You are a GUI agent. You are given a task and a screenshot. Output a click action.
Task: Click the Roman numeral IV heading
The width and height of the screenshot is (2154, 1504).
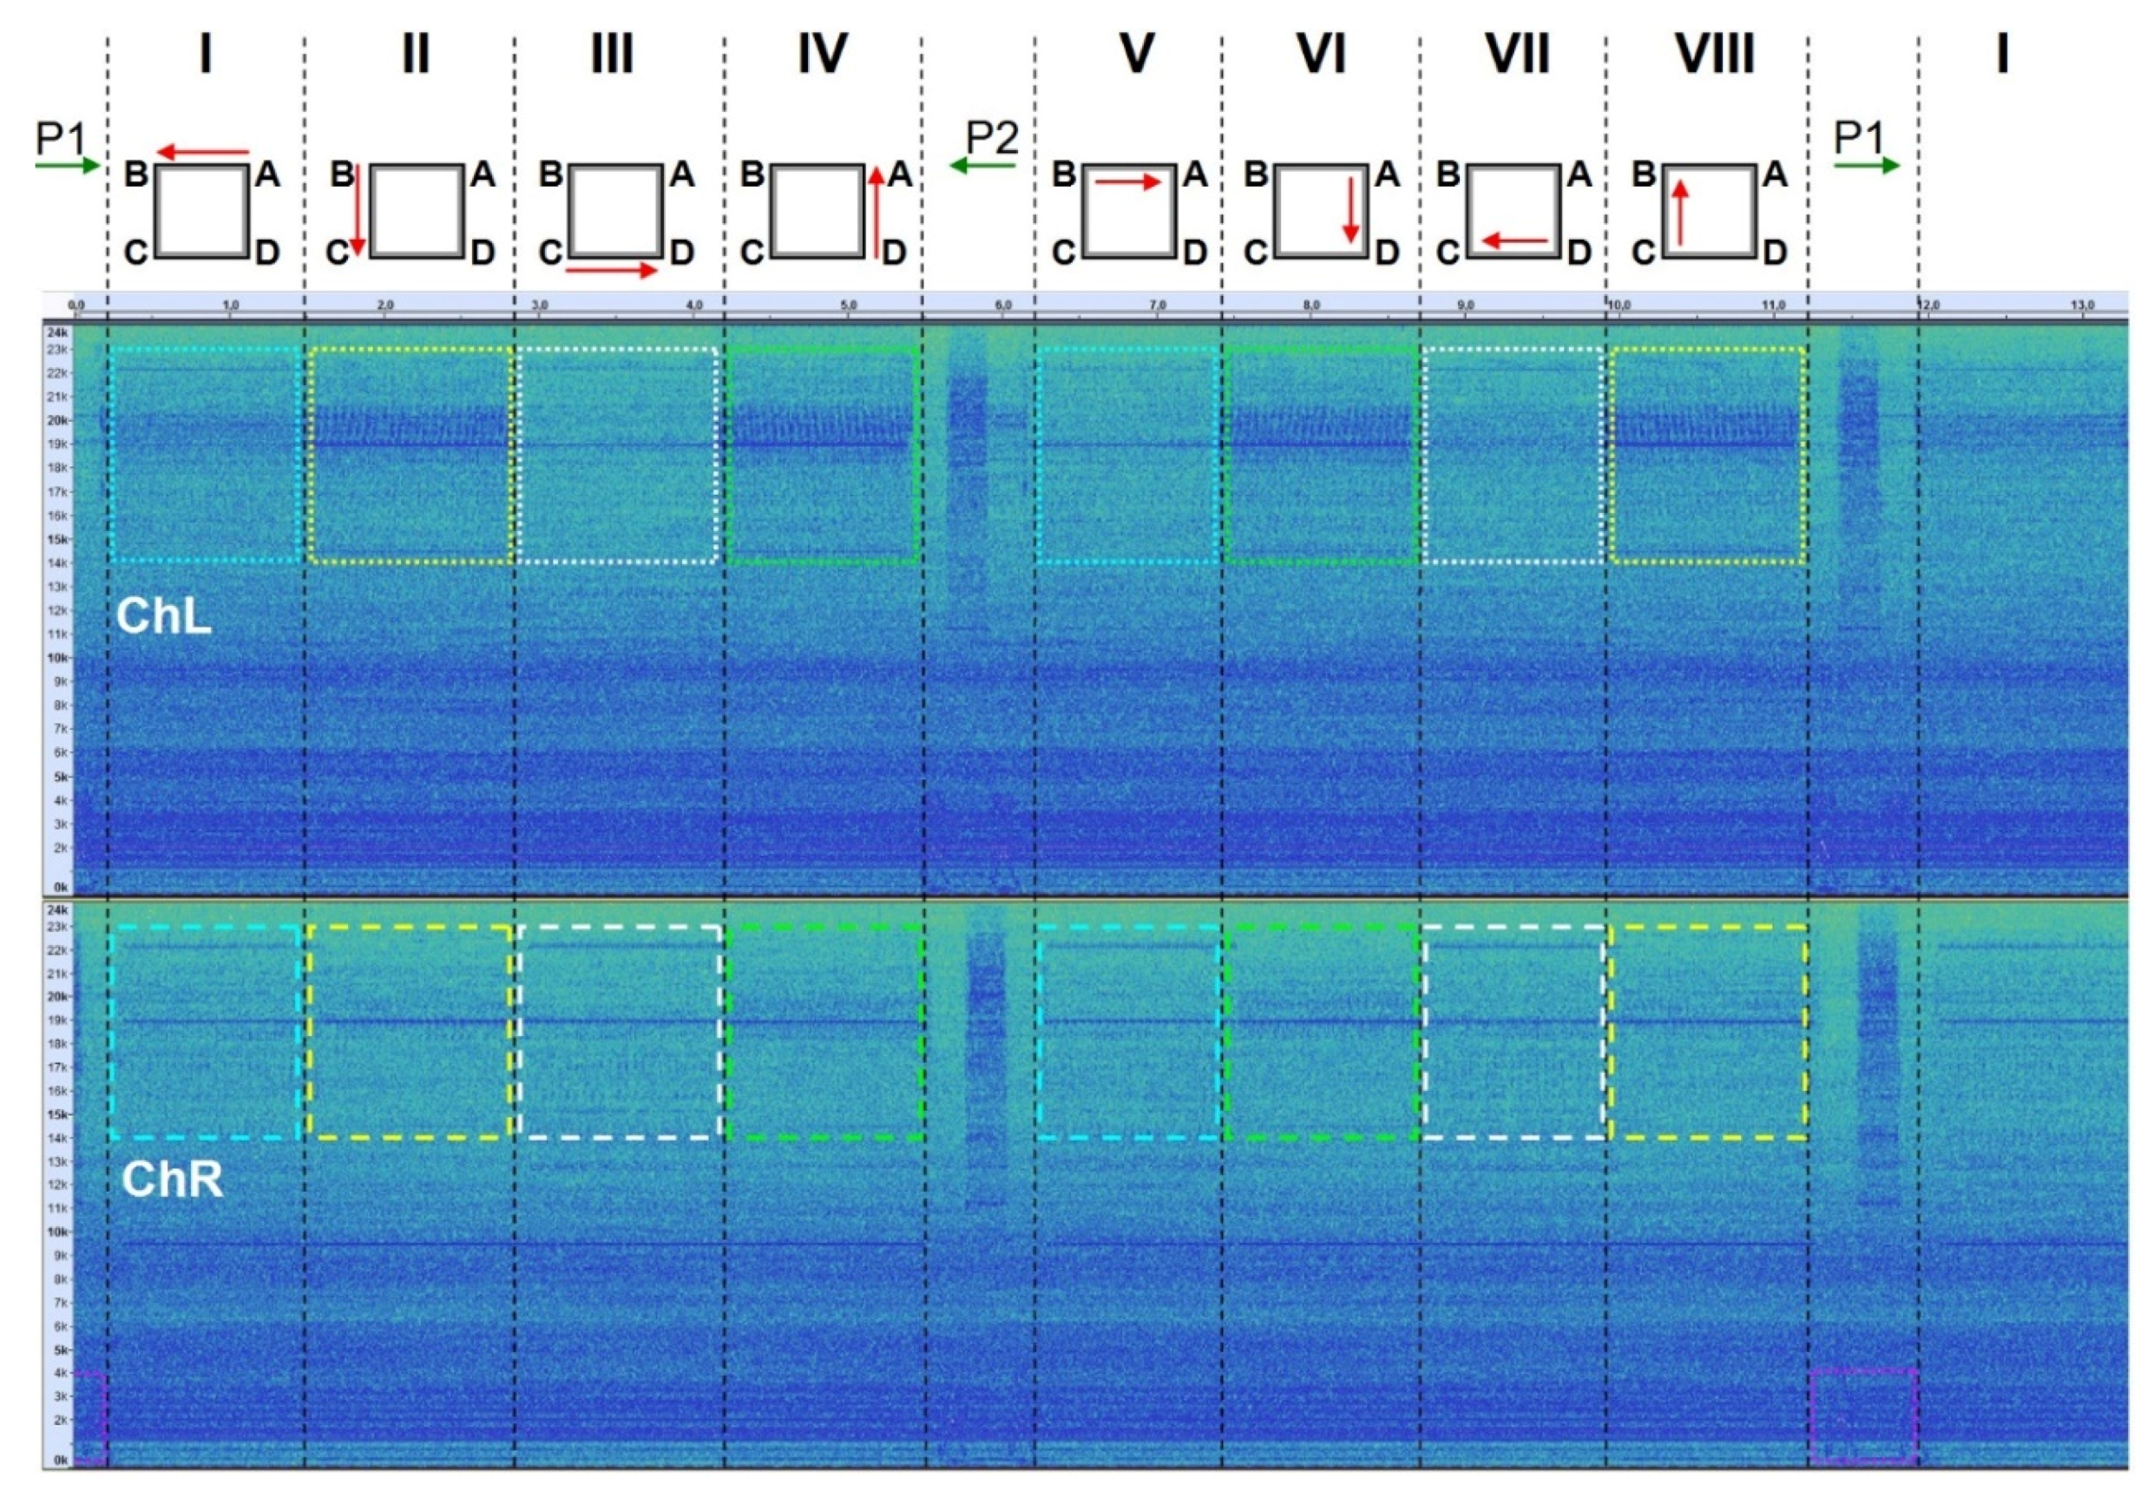pos(822,54)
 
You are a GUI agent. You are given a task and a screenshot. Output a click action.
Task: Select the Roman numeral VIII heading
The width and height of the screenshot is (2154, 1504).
pos(1714,54)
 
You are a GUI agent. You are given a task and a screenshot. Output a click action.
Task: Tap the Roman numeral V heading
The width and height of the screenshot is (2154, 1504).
pos(1136,54)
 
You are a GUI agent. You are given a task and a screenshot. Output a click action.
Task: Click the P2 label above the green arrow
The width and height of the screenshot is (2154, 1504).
pos(992,138)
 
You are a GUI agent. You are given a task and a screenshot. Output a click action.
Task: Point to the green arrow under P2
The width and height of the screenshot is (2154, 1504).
pos(982,166)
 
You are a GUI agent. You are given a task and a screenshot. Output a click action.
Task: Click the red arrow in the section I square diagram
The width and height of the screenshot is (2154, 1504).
pos(202,151)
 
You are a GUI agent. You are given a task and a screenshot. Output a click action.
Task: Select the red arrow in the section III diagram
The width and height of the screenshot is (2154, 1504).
pos(611,270)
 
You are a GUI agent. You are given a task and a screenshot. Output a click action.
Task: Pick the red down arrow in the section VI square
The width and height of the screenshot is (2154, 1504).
pos(1351,209)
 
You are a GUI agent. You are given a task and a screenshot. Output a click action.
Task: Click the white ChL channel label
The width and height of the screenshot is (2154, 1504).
pos(163,616)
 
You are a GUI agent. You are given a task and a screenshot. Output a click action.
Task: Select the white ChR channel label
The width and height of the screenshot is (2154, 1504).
pos(173,1179)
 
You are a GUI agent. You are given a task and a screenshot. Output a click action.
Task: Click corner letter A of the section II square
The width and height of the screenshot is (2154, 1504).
pos(483,174)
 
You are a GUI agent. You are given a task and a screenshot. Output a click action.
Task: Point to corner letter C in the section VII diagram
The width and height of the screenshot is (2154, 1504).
pos(1448,252)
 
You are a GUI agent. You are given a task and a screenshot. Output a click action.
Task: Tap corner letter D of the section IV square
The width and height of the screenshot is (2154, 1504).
pos(894,252)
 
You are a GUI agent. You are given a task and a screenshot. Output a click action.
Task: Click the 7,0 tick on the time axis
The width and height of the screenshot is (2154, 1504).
pos(1157,305)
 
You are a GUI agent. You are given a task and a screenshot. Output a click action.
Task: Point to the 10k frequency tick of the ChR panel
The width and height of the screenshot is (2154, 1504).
pos(58,1231)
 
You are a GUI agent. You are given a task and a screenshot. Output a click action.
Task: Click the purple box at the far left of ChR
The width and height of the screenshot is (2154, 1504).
pos(89,1416)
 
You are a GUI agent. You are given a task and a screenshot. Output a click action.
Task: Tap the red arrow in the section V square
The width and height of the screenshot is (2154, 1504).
pos(1127,182)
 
